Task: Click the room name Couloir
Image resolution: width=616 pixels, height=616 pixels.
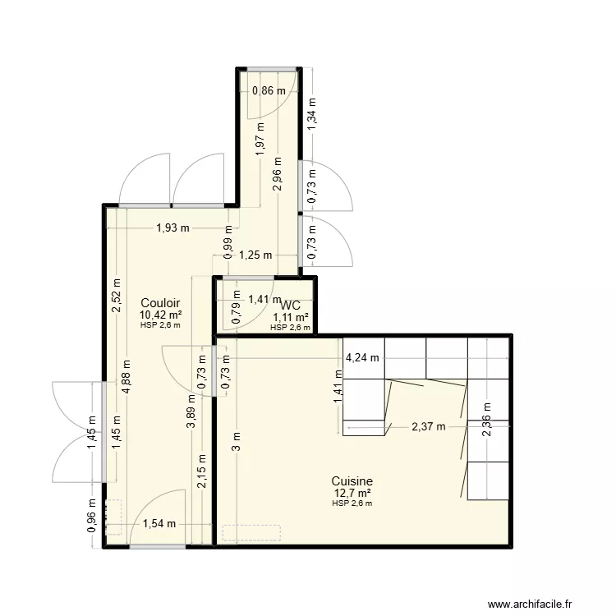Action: [160, 304]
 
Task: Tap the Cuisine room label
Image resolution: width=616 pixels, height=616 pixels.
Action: [352, 481]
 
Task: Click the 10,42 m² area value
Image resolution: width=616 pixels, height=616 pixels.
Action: [160, 315]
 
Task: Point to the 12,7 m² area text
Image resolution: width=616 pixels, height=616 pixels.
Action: [352, 493]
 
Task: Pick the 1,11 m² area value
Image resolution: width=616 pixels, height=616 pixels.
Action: [291, 317]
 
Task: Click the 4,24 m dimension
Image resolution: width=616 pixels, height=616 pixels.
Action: [362, 357]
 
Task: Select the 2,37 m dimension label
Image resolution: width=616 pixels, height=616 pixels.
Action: [428, 426]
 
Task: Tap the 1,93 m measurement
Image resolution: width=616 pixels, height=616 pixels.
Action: [172, 228]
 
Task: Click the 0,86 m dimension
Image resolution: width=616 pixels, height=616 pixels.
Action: [269, 91]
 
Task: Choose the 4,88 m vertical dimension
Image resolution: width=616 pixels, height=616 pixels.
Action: [127, 377]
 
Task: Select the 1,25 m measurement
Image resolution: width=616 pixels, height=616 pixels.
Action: [255, 255]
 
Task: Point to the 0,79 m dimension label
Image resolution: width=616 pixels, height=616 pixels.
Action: [237, 314]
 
